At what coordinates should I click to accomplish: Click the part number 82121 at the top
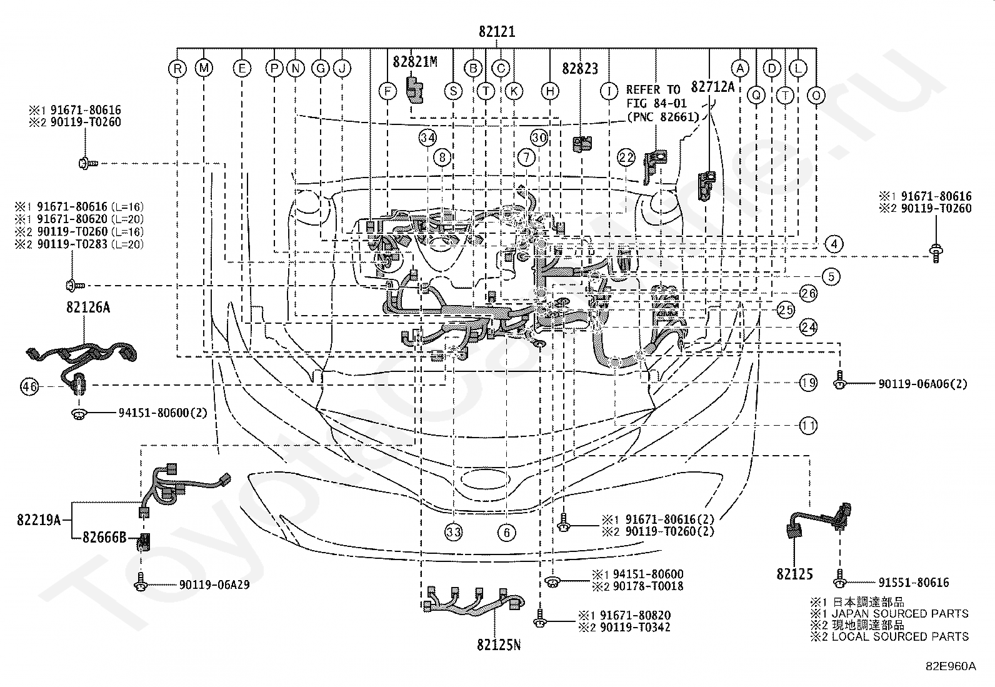pos(497,32)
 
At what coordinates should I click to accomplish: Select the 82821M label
pos(415,62)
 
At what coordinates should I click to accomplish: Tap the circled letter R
pos(177,69)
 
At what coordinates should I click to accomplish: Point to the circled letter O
pos(816,96)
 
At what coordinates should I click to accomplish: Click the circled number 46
pos(30,386)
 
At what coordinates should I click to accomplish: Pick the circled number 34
pos(427,138)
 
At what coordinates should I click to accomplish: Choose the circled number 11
pos(808,426)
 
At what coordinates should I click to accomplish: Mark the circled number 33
pos(454,532)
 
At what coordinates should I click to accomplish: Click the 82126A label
pos(88,307)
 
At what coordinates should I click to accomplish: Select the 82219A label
pos(39,519)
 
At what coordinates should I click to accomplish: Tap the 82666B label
pos(104,537)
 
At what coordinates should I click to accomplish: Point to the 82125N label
pos(499,644)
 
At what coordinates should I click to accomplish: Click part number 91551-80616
pos(913,582)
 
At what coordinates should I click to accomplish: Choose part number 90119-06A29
pos(214,584)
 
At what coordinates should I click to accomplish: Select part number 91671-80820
pos(635,615)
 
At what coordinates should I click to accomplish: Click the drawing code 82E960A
pos(951,666)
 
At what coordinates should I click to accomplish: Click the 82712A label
pos(712,87)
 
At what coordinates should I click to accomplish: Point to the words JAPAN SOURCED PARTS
pos(900,614)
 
